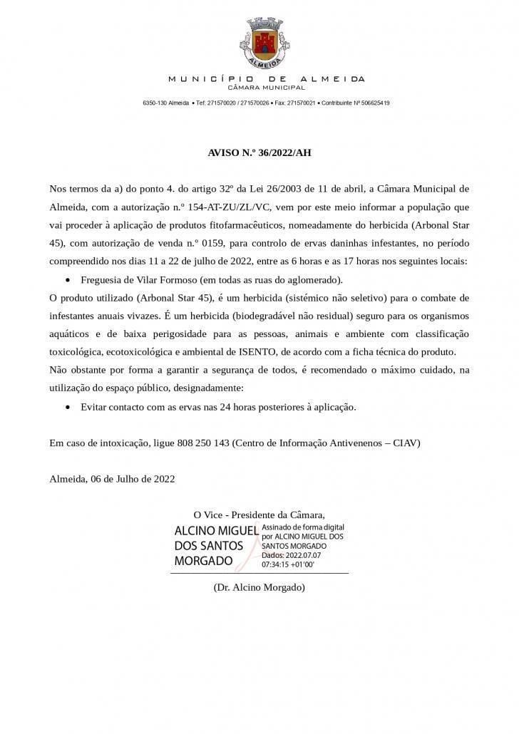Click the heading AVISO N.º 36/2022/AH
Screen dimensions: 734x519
(259, 153)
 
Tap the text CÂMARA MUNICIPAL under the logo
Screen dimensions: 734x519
(266, 88)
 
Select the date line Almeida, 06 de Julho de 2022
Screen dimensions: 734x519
(112, 479)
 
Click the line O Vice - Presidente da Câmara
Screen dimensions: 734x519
(259, 515)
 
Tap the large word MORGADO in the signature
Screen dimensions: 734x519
(204, 561)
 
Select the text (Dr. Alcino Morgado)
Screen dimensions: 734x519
(259, 588)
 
